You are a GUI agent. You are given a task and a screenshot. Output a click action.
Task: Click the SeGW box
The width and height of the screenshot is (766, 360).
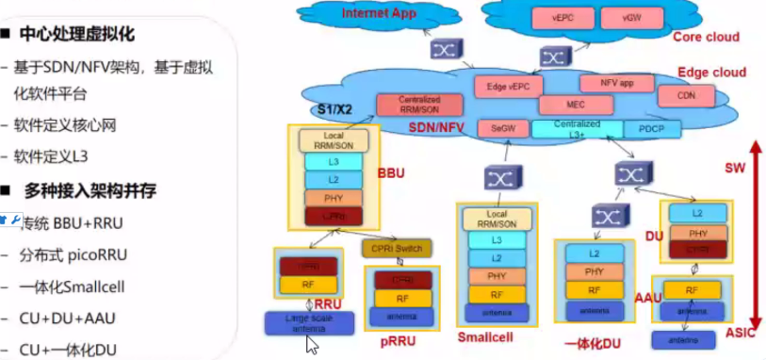tap(497, 127)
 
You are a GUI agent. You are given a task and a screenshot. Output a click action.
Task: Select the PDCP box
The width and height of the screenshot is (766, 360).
tap(651, 128)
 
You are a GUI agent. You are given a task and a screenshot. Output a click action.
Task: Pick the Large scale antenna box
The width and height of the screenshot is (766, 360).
tap(309, 322)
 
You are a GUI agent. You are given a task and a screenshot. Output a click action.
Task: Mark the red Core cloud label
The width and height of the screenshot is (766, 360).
tap(706, 37)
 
